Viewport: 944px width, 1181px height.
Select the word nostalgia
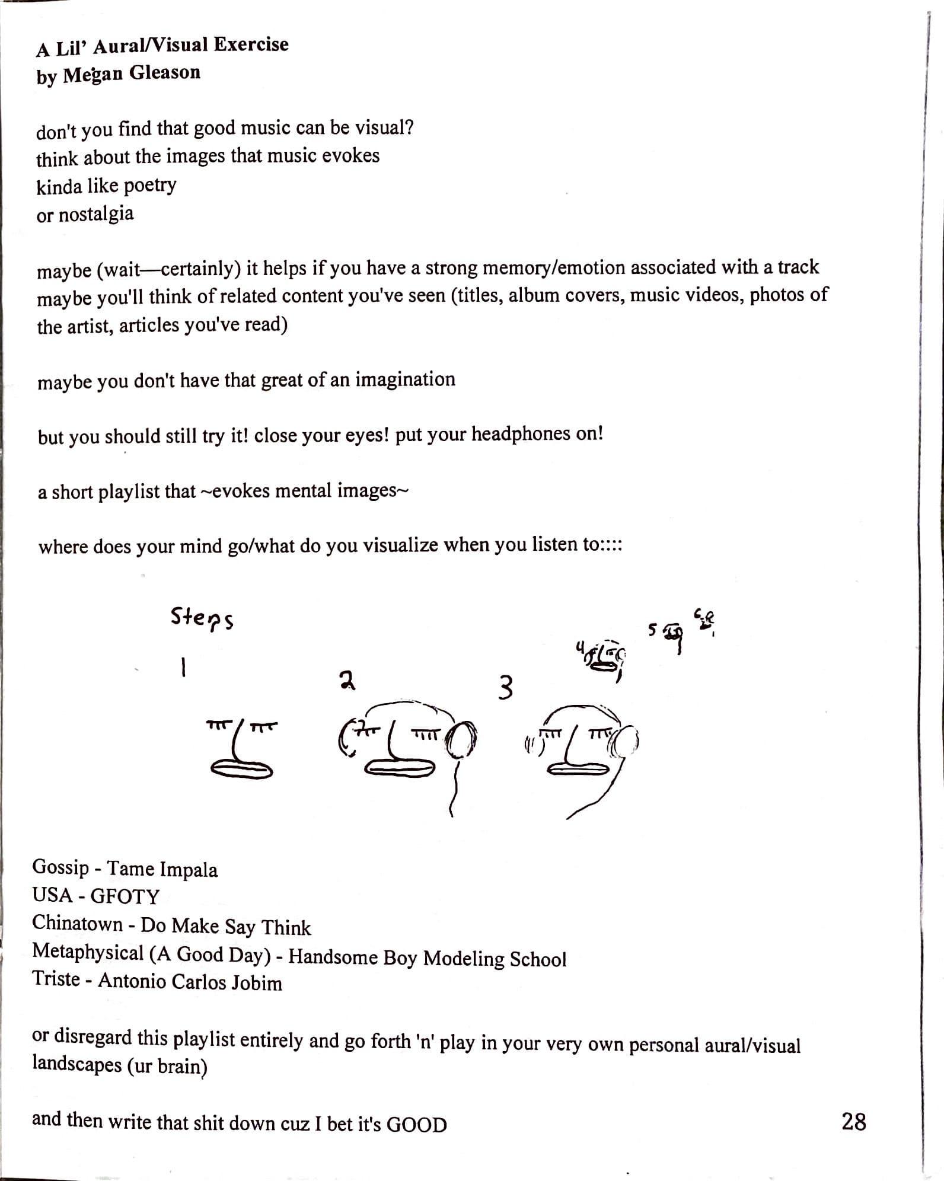click(x=96, y=214)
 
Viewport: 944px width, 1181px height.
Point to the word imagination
click(x=405, y=379)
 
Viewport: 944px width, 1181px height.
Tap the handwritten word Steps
click(x=202, y=618)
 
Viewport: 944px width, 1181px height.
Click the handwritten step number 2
click(x=347, y=681)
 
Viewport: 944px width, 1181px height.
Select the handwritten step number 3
click(x=505, y=688)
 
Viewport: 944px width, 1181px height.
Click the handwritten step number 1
click(x=184, y=669)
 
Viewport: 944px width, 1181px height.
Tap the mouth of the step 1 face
click(x=242, y=768)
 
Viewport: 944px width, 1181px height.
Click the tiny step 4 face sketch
click(x=602, y=660)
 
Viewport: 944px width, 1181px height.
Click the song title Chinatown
click(x=77, y=924)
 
